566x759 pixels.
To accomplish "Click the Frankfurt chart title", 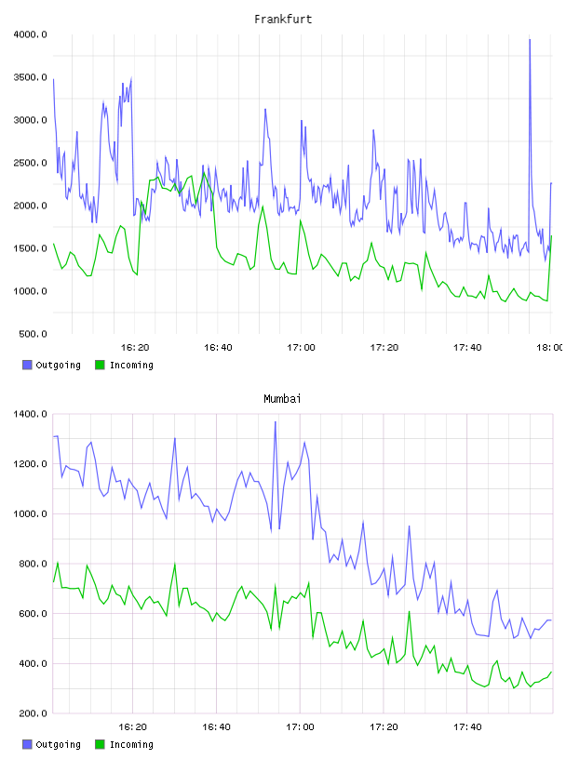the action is click(283, 20).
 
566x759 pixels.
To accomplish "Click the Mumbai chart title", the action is click(282, 399).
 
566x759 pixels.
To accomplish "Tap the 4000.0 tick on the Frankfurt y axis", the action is click(30, 34).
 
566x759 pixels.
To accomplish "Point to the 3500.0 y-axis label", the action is click(30, 77).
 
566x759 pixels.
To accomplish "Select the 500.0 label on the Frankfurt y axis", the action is click(33, 334).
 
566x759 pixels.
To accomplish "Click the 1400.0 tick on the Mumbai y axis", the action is click(30, 414).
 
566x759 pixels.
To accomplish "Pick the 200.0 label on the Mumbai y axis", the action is click(33, 713).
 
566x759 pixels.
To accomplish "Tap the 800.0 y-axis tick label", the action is click(33, 564).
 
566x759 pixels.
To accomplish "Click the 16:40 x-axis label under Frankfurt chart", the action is click(218, 348).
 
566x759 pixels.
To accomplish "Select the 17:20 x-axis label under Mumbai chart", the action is click(384, 727).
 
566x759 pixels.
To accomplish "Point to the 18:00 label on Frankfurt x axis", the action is click(550, 348).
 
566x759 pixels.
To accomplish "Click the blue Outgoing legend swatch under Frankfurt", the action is click(27, 365).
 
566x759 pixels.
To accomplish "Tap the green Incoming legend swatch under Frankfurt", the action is click(100, 365).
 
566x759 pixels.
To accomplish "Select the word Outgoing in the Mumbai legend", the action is click(58, 745).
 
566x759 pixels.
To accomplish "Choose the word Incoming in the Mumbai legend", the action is click(131, 745).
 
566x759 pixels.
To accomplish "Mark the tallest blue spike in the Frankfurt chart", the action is click(530, 40).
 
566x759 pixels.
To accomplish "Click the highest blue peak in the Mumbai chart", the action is click(276, 422).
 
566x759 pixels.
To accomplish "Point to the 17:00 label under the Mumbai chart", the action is click(301, 727).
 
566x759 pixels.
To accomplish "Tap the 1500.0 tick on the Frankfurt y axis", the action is click(30, 248).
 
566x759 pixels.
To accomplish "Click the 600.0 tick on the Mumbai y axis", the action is click(33, 614).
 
